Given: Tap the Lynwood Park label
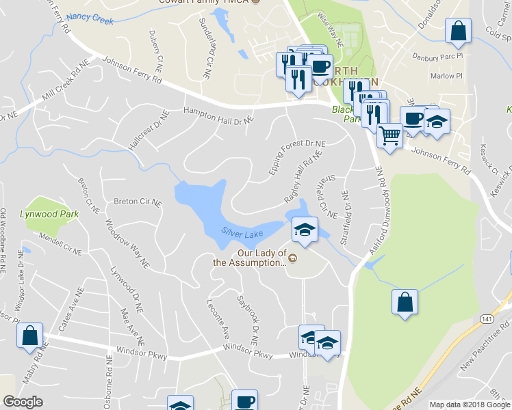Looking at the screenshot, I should pos(58,214).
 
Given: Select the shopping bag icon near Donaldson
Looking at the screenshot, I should pos(457,31).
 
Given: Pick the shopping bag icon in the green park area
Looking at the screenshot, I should pos(405,301).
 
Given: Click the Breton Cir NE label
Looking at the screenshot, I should pos(137,202).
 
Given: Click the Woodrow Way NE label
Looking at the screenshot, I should pos(126,242).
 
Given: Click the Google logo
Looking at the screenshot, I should pos(23,402).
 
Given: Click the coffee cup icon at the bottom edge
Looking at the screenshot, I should pos(244,401).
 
